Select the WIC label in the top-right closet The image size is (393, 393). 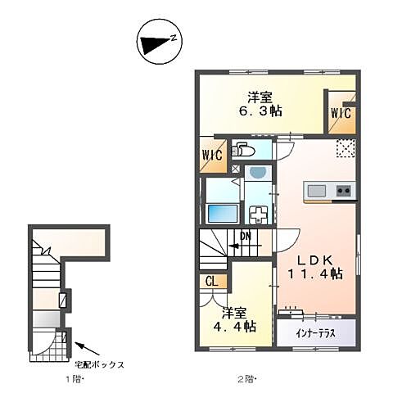[341, 113]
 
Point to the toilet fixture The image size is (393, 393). [243, 150]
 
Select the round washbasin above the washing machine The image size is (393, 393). [259, 174]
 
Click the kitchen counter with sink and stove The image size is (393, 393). [329, 192]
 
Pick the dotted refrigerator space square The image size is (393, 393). [346, 148]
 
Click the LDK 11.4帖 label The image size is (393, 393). [314, 264]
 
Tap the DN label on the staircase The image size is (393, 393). [244, 238]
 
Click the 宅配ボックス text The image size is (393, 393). [101, 364]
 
